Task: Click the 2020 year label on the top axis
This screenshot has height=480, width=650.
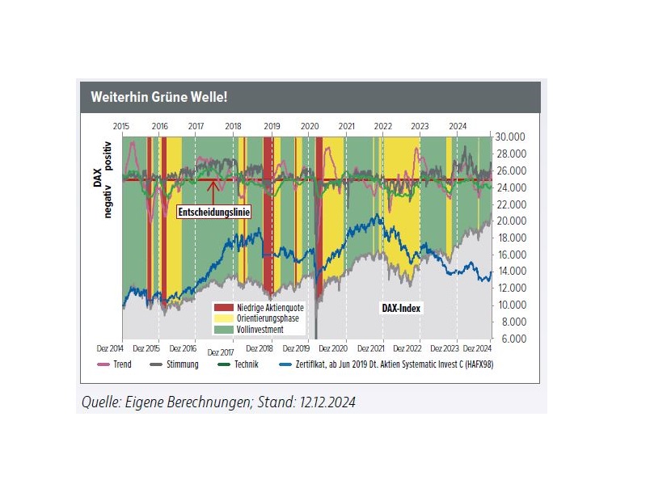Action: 310,126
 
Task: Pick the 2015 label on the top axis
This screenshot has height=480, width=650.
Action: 122,126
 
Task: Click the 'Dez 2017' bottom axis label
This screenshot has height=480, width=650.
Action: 222,353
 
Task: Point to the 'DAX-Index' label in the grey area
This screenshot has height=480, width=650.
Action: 402,308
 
